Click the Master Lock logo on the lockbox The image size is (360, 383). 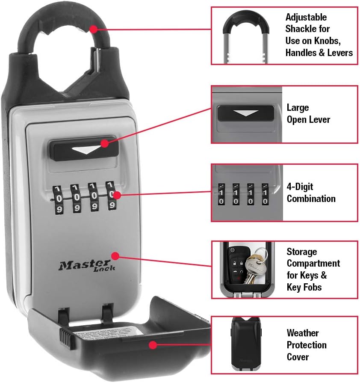coord(87,266)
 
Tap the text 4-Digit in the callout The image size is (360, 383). coord(300,187)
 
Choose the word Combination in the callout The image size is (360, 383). coord(311,199)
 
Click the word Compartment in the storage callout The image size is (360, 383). coord(313,263)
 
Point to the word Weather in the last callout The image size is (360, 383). coord(303,333)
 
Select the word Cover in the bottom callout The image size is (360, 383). coord(298,356)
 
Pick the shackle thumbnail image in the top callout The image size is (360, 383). coord(247,36)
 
